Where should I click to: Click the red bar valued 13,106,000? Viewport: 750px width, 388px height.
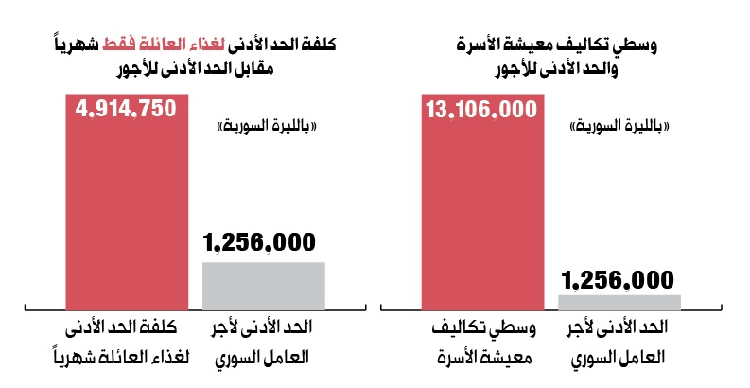pyautogui.click(x=482, y=202)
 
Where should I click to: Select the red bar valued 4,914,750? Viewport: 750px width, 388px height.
pyautogui.click(x=127, y=202)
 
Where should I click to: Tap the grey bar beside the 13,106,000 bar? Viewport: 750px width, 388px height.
pyautogui.click(x=619, y=303)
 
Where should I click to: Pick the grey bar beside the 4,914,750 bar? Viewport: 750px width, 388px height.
pyautogui.click(x=264, y=286)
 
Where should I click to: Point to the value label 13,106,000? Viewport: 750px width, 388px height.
pyautogui.click(x=481, y=110)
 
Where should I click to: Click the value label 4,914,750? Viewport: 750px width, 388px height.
pyautogui.click(x=126, y=109)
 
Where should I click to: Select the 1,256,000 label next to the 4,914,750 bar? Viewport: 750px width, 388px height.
pyautogui.click(x=259, y=242)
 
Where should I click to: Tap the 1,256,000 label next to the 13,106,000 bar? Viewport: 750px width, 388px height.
pyautogui.click(x=618, y=280)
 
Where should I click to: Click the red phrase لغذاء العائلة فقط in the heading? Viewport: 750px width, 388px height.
pyautogui.click(x=164, y=44)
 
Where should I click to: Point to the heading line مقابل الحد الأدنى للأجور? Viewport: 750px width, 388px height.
pyautogui.click(x=195, y=68)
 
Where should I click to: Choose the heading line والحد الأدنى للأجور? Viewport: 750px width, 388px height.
pyautogui.click(x=556, y=68)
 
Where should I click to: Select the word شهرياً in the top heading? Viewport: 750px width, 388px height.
pyautogui.click(x=77, y=44)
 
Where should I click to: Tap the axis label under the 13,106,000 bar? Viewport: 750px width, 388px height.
pyautogui.click(x=484, y=342)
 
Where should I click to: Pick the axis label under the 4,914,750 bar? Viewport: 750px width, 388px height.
pyautogui.click(x=122, y=342)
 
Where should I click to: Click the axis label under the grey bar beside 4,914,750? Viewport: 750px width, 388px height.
pyautogui.click(x=262, y=342)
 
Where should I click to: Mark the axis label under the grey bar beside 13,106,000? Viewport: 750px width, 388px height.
pyautogui.click(x=618, y=342)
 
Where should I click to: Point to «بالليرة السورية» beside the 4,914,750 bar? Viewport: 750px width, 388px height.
pyautogui.click(x=267, y=127)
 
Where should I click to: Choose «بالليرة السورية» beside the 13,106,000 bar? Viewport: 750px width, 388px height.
pyautogui.click(x=619, y=127)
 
